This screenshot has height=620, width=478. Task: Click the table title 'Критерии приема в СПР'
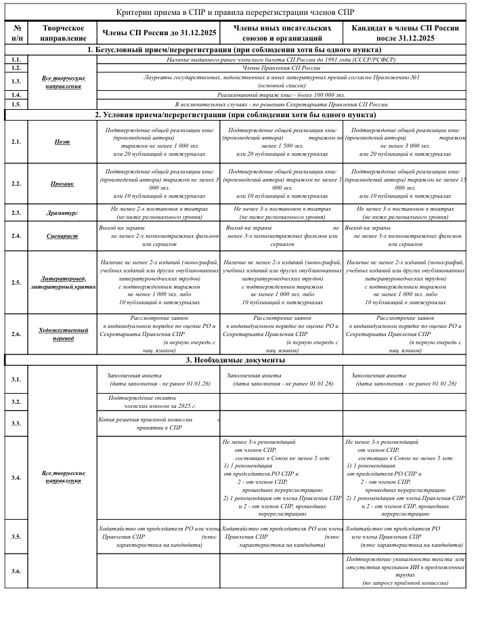click(x=235, y=12)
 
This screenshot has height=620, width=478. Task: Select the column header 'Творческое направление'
click(x=63, y=33)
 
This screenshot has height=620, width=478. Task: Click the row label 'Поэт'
click(x=62, y=142)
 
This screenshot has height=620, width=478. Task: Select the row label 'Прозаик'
click(x=62, y=183)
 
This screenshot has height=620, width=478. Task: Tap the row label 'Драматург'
click(x=62, y=213)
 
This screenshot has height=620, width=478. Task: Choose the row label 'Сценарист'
click(x=62, y=236)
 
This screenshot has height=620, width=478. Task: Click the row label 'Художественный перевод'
click(x=62, y=333)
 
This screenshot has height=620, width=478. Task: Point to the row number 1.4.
click(x=16, y=96)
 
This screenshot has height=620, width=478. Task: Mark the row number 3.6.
click(x=16, y=571)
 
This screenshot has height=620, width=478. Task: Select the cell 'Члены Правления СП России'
click(x=281, y=68)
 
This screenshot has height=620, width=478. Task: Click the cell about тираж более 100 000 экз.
click(x=281, y=96)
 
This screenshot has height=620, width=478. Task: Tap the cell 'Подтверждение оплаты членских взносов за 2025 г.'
click(x=158, y=401)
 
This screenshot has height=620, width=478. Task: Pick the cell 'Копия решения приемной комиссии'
click(x=158, y=423)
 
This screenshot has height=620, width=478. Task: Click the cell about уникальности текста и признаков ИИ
click(x=405, y=571)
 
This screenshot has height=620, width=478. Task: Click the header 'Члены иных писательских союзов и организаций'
click(x=282, y=33)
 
